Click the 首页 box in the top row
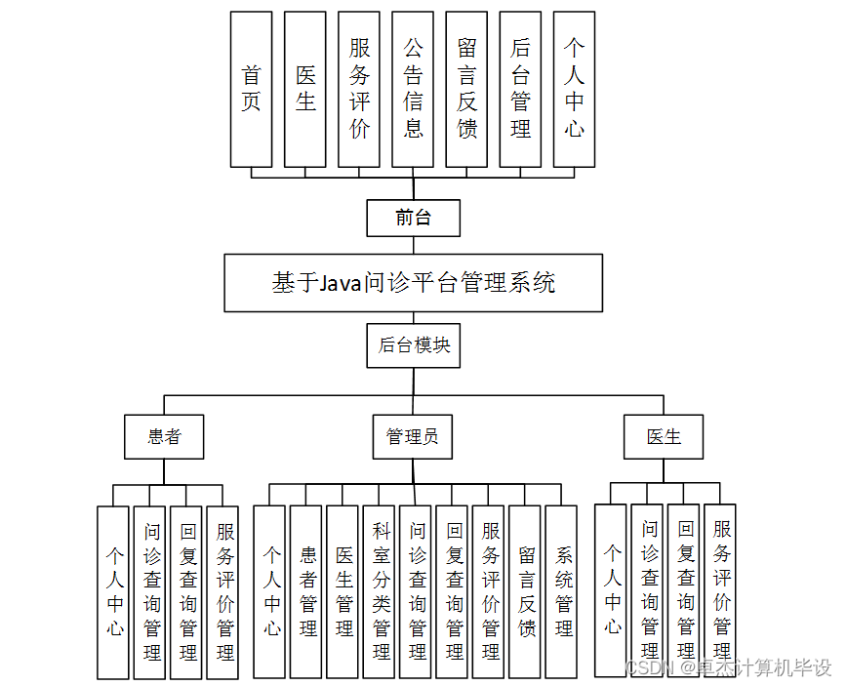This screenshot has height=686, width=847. click(251, 89)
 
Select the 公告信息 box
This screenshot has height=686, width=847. click(413, 89)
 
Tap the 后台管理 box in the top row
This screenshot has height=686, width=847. click(520, 89)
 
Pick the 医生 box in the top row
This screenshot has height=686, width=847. click(305, 89)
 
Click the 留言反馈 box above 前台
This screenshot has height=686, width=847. click(466, 89)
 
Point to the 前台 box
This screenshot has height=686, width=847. click(413, 218)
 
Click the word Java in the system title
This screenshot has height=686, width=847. click(341, 283)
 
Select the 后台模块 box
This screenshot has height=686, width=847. click(414, 345)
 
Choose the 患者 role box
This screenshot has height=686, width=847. click(164, 436)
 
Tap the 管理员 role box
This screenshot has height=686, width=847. click(413, 436)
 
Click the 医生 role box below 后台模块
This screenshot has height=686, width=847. click(664, 436)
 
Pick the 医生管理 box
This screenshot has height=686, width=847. click(343, 591)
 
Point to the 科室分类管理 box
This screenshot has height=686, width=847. click(380, 591)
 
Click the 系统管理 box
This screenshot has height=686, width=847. click(562, 591)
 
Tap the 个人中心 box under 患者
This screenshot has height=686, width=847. click(113, 591)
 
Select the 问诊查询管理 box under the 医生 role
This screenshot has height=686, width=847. click(649, 590)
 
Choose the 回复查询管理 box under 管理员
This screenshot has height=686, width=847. click(453, 591)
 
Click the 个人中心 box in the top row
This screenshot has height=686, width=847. click(574, 89)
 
